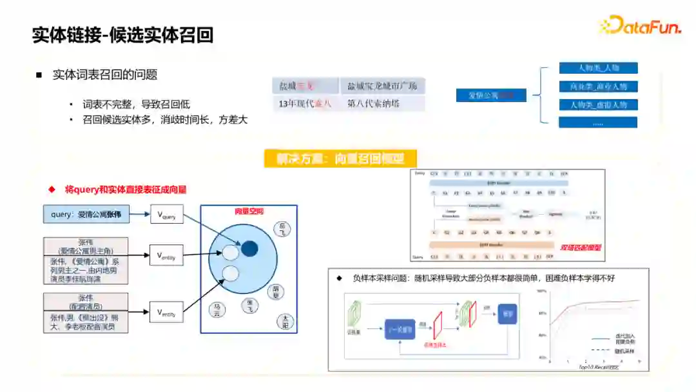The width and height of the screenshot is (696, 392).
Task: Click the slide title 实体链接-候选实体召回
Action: [x=122, y=35]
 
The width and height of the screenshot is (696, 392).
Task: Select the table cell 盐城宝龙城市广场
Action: [x=382, y=86]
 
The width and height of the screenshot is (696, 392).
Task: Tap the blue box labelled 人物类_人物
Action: [x=598, y=68]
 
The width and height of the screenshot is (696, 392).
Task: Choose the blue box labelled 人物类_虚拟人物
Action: [x=598, y=104]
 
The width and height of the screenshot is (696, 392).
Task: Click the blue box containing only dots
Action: [x=598, y=122]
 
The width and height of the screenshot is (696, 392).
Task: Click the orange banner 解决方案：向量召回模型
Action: [x=340, y=159]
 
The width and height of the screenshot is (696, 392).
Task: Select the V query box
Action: [x=166, y=215]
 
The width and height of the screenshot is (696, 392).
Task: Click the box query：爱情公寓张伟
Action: [x=86, y=214]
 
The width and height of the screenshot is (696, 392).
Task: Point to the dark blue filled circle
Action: [x=249, y=248]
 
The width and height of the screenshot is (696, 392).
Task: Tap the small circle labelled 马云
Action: [x=218, y=310]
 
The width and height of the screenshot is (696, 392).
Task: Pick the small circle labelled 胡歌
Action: [x=276, y=292]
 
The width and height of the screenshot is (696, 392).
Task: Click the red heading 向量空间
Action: [x=248, y=211]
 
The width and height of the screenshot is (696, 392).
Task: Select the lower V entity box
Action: [x=166, y=312]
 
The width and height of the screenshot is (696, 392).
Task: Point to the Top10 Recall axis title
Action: [x=597, y=366]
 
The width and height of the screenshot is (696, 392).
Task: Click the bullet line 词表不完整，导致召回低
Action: [x=136, y=104]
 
